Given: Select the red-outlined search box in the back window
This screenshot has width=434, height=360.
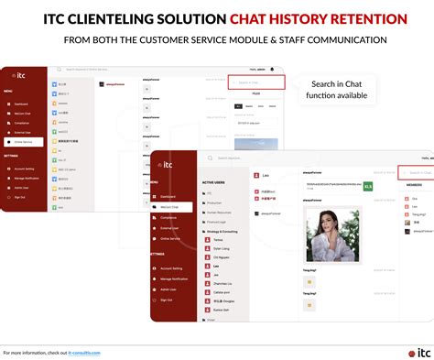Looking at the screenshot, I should point(255,82).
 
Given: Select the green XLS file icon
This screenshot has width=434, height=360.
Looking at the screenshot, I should point(368,186).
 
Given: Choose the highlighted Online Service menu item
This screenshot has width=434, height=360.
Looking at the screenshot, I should point(22,142).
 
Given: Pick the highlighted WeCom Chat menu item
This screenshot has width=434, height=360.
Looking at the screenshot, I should point(168,206).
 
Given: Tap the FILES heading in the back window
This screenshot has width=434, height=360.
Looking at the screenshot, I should point(255,93).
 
